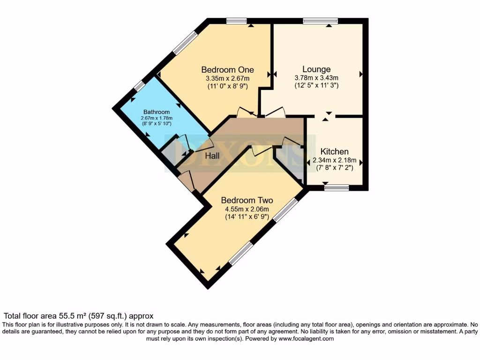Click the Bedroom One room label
(x=227, y=70)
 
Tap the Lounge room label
(x=316, y=69)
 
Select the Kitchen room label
(x=334, y=151)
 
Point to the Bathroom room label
(x=156, y=112)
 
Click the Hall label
(x=212, y=156)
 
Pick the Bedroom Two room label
(x=247, y=200)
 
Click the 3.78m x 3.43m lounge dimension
(x=316, y=78)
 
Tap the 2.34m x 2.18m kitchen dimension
(x=335, y=160)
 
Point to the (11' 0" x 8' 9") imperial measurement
(x=227, y=86)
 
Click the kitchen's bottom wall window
(x=337, y=187)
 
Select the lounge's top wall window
(x=320, y=21)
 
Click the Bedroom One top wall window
(x=236, y=21)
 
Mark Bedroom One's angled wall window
(x=184, y=43)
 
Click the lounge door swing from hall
(x=275, y=112)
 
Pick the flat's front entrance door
(x=187, y=181)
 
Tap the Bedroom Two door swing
(x=261, y=150)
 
